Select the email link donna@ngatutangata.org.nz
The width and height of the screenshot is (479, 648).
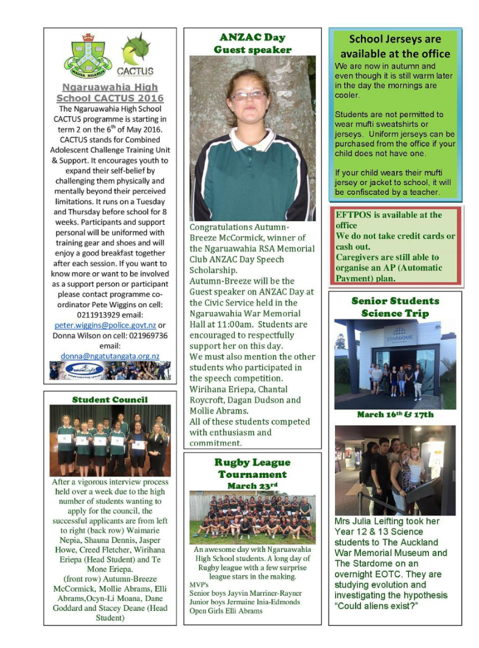110,356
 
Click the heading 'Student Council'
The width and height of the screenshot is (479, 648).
110,400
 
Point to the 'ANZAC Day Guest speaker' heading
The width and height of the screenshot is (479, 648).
252,43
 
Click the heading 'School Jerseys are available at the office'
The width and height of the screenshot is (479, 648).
395,46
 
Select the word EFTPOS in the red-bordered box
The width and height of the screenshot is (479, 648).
354,215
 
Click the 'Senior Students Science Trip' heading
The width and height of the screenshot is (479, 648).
395,307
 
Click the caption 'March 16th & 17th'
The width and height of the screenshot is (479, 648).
395,415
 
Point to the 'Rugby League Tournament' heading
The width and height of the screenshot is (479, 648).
252,468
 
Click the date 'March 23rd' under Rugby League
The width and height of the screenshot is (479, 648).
252,485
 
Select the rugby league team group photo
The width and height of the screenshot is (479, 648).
252,517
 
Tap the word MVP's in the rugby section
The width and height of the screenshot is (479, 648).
199,584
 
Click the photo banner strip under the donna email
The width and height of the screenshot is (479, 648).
110,370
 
